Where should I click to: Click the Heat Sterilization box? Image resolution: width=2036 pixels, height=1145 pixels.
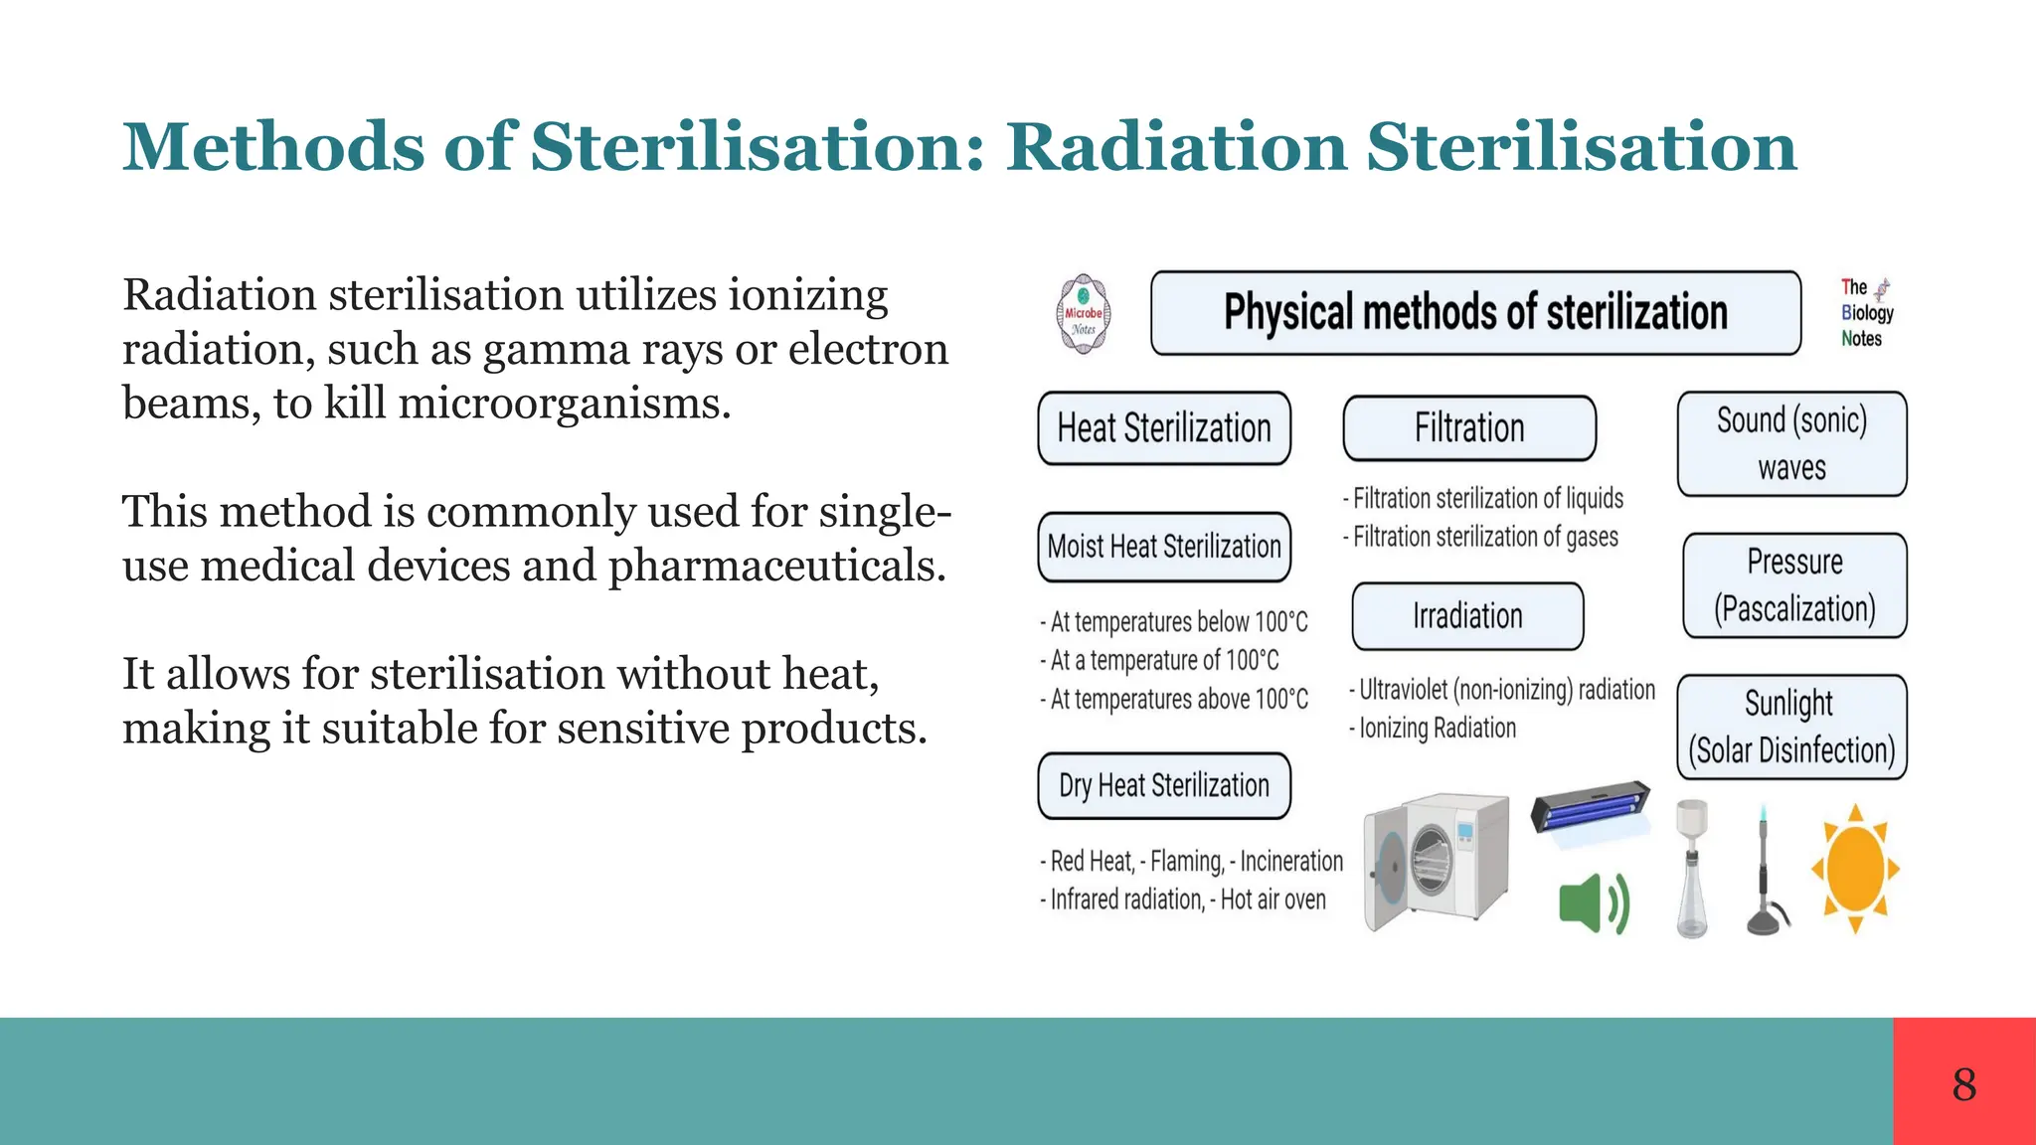coord(1164,428)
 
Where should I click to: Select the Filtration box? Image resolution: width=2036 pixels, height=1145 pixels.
coord(1469,428)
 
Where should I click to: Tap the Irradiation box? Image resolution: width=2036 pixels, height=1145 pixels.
coord(1467,616)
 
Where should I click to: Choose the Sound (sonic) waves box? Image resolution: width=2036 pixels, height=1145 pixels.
coord(1791,443)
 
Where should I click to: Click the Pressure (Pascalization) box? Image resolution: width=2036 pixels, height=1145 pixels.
coord(1794,585)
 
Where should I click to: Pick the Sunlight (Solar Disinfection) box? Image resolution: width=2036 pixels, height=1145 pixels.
coord(1791,727)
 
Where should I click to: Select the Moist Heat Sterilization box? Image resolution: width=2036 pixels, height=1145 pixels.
coord(1164,547)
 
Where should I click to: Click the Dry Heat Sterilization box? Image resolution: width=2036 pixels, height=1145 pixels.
coord(1164,785)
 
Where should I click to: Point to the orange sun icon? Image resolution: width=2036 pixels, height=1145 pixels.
coord(1855,869)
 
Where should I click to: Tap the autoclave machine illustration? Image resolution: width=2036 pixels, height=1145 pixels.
coord(1437,861)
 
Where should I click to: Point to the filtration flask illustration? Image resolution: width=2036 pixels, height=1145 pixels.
coord(1692,869)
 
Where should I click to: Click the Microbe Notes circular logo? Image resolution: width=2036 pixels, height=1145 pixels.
coord(1083,314)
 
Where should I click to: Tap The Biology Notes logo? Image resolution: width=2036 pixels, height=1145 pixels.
coord(1866,313)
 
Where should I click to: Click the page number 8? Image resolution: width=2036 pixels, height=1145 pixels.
coord(1963,1083)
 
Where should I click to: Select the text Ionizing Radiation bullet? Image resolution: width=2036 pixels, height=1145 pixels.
coord(1437,729)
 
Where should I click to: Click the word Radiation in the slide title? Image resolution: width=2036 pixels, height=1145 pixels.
coord(1176,147)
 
